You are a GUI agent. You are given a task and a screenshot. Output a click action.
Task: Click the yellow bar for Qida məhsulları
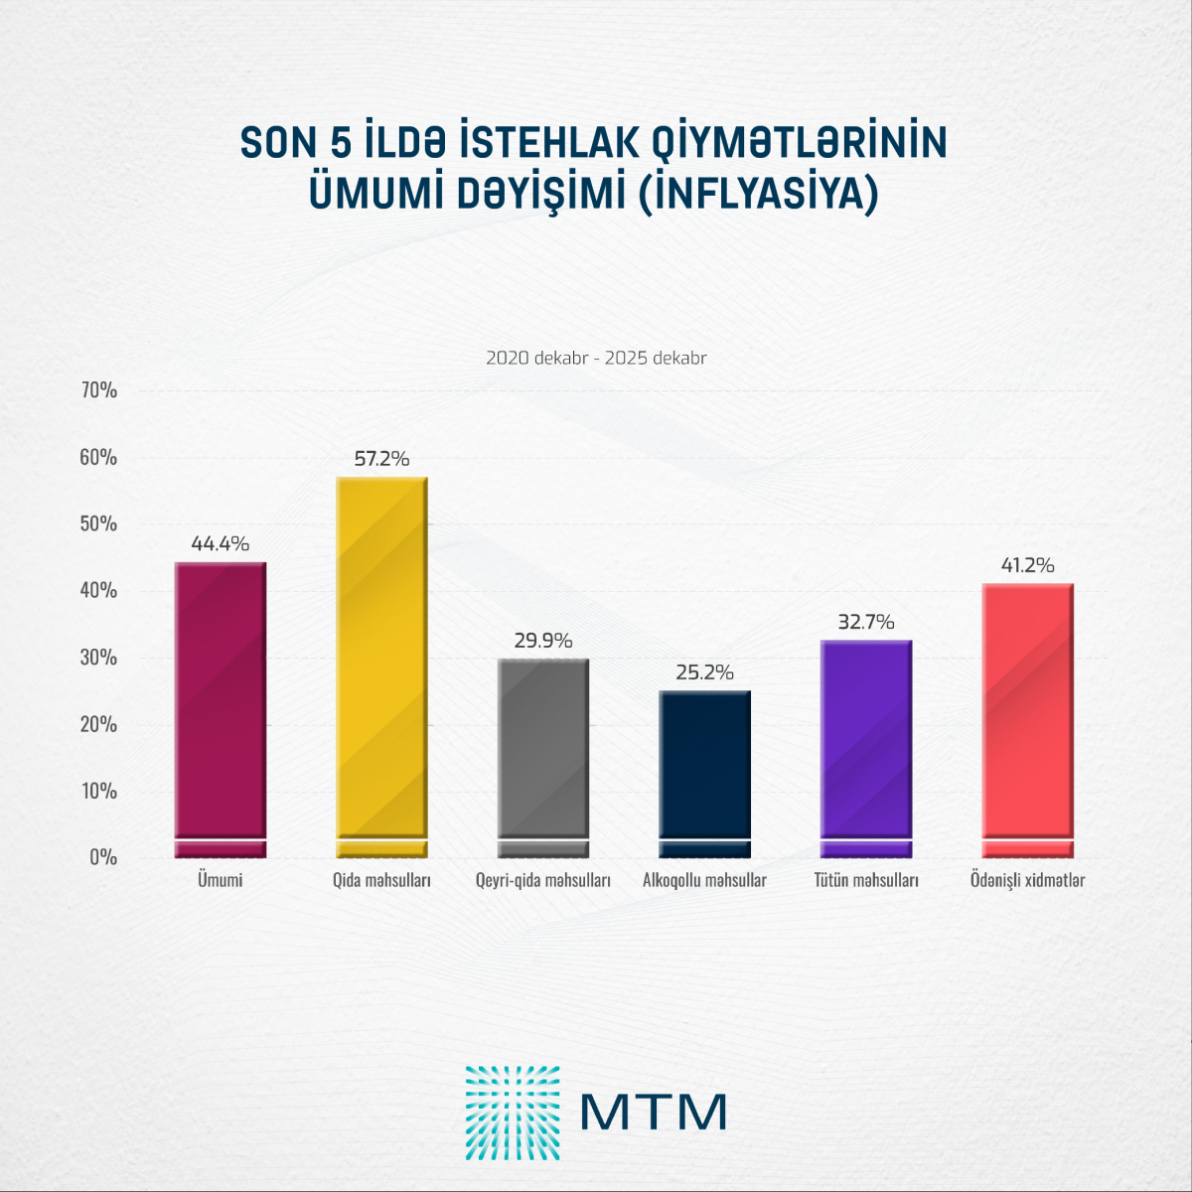382,666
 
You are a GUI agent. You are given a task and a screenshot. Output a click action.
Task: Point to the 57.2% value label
382,459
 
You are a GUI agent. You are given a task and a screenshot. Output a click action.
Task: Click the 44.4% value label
221,544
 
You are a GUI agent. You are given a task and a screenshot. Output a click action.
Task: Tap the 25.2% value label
705,672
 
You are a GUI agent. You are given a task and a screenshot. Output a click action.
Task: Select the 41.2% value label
1028,565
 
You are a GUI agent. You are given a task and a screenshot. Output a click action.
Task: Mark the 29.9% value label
543,641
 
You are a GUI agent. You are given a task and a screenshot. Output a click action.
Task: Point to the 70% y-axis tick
99,390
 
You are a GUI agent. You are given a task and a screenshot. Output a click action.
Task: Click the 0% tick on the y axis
103,857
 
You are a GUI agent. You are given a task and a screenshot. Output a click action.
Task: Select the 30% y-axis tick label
99,658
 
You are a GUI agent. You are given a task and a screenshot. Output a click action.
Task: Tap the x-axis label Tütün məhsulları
866,880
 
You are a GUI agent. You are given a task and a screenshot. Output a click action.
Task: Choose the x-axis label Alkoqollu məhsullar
705,880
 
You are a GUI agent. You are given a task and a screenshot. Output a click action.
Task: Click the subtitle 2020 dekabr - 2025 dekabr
596,358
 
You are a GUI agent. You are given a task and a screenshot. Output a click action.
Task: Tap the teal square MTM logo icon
513,1113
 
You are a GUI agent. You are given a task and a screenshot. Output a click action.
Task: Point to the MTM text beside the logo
654,1113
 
